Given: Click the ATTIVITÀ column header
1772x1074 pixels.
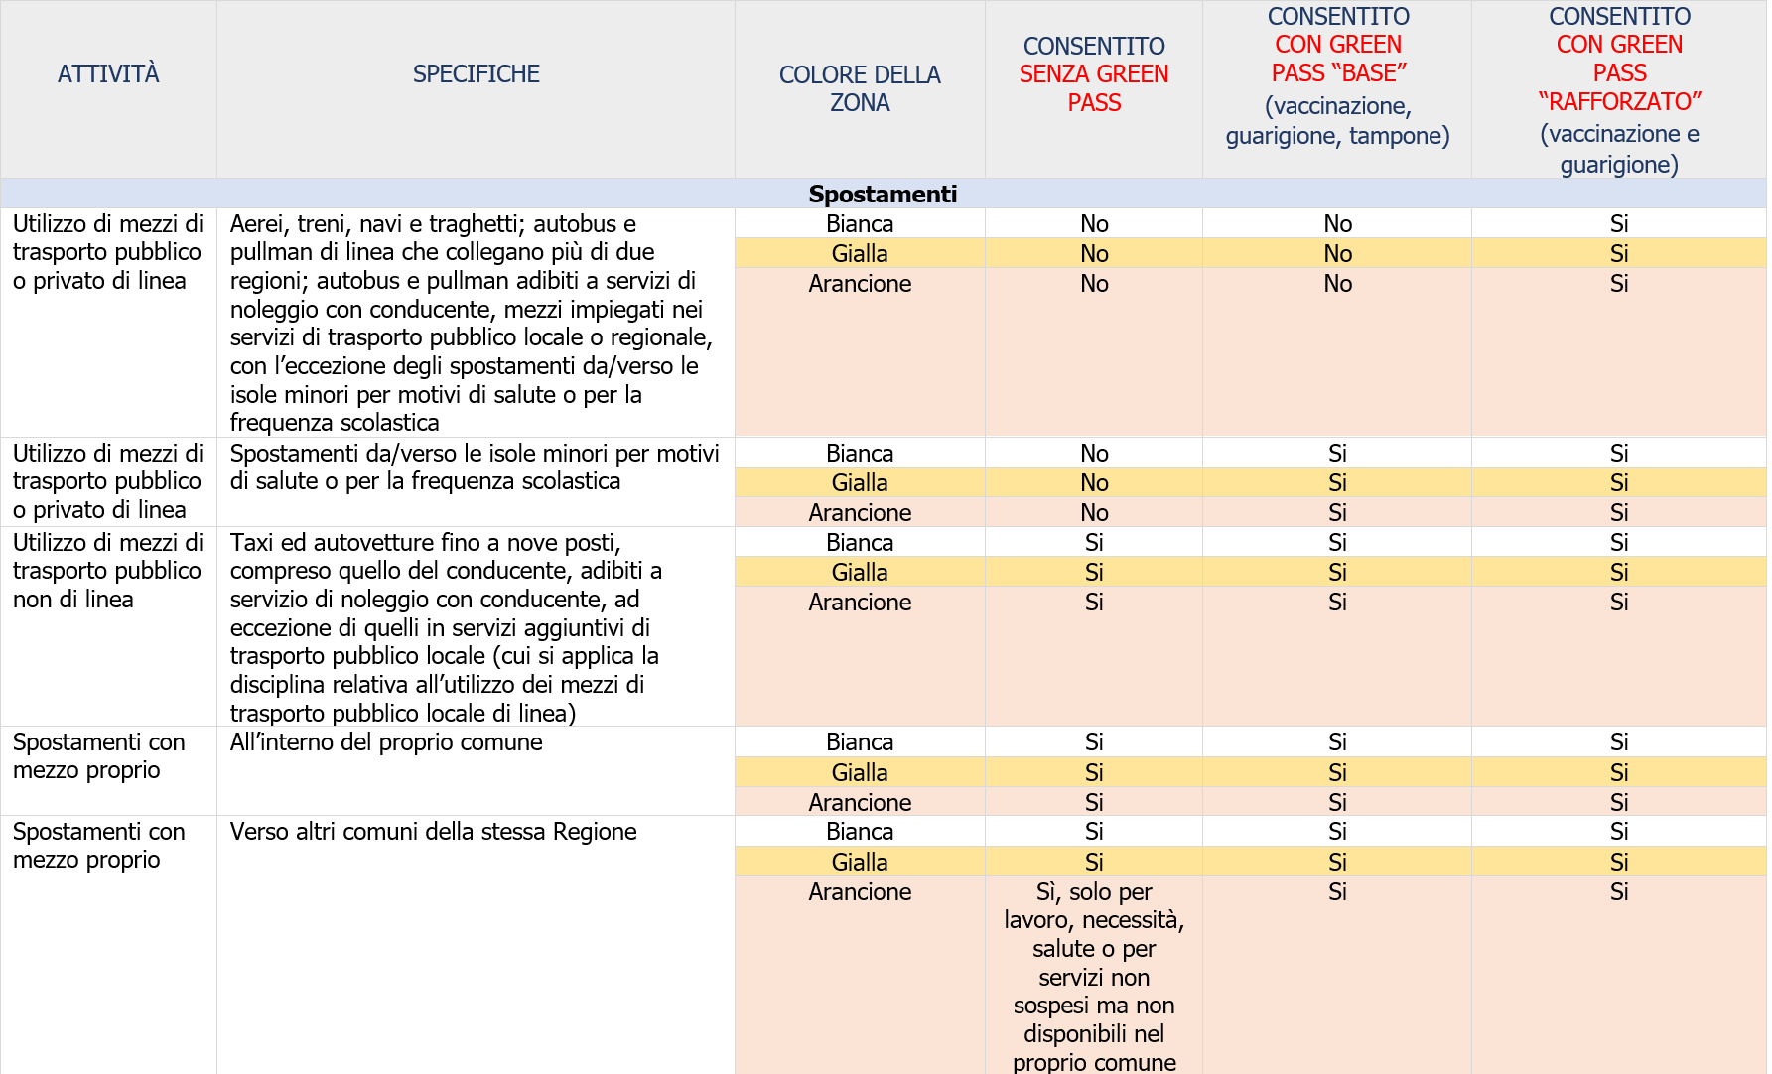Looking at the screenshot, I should point(108,74).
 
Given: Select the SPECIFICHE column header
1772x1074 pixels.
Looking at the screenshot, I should point(476,74).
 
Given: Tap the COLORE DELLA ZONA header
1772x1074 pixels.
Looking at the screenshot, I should point(860,88).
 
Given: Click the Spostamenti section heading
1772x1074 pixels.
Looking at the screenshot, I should point(883,194).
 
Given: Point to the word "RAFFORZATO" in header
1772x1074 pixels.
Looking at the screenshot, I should point(1619,102).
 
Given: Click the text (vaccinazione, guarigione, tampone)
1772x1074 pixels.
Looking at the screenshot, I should point(1337,120).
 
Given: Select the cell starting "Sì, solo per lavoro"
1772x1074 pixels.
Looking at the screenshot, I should point(1094,977).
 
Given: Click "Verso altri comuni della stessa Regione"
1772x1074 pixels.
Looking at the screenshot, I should point(433,832).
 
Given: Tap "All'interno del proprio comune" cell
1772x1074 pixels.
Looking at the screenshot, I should point(386,742).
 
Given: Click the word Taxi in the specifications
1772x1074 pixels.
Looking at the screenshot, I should point(251,543).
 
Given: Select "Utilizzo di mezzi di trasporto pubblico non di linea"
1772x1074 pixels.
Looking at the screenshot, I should point(107,571).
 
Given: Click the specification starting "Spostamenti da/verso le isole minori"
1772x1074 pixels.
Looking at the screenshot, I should point(475,468).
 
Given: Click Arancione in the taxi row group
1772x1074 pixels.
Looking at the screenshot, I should point(860,603).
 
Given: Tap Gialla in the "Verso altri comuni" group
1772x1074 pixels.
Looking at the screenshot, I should point(860,862).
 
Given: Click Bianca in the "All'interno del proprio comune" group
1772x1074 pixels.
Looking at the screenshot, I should point(860,742).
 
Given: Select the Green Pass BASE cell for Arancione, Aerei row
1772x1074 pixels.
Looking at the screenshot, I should point(1337,284).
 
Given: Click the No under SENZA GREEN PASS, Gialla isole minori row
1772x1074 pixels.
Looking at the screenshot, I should point(1094,483).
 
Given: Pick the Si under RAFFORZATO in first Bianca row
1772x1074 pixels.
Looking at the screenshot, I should point(1619,224).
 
